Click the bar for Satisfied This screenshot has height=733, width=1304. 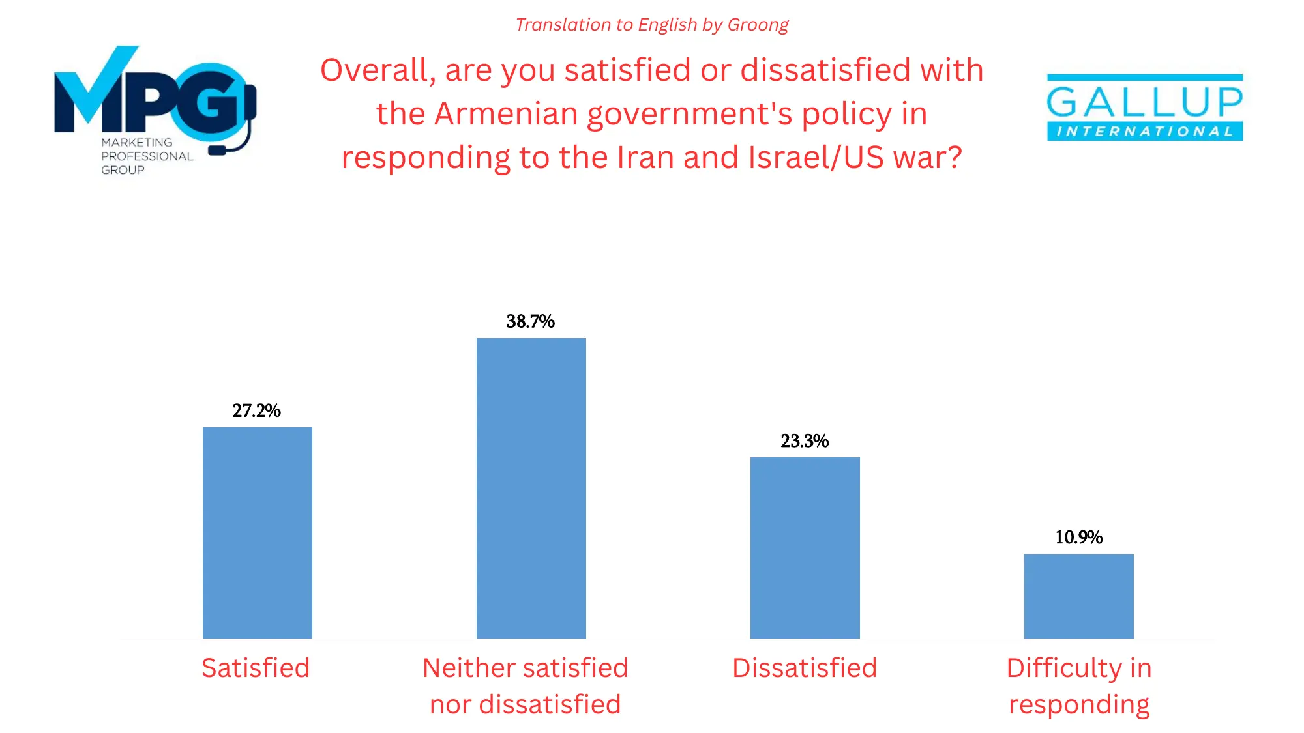tap(257, 532)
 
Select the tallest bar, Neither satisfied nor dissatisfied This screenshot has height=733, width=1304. tap(531, 488)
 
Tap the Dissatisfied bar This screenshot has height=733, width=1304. tap(805, 547)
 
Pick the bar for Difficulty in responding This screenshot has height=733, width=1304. tap(1078, 596)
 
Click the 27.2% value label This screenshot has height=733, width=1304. tap(256, 410)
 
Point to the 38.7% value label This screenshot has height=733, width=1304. tap(530, 321)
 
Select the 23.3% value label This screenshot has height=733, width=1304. tap(805, 441)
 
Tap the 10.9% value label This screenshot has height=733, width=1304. tap(1078, 537)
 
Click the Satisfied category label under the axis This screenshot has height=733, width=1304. tap(256, 668)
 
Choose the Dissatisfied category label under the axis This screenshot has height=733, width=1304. tap(805, 668)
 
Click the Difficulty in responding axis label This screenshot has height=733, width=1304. tap(1078, 686)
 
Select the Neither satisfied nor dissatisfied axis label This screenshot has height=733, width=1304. tap(526, 686)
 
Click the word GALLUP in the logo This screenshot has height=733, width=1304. tap(1144, 102)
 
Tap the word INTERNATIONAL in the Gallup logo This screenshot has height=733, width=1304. tap(1144, 132)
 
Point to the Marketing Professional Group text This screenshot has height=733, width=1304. tap(146, 156)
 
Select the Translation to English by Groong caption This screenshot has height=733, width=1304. tap(651, 25)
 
